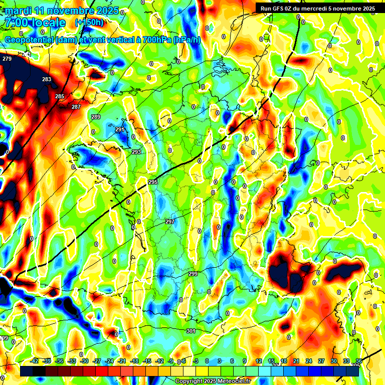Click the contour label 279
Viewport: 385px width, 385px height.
pos(7,59)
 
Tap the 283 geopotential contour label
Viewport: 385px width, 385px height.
pos(47,80)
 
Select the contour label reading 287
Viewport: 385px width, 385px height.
pos(76,107)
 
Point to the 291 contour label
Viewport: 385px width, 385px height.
pos(119,129)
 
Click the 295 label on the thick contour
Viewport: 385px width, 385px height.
pos(153,182)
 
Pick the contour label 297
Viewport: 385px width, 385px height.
pos(170,222)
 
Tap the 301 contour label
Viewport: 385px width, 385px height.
pos(190,331)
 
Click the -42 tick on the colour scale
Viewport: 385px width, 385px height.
pos(35,361)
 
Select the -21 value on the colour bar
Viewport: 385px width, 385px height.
pos(122,361)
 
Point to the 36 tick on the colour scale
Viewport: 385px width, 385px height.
pos(359,361)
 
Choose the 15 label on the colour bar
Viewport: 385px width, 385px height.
pos(271,361)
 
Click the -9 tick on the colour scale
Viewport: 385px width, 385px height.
pos(170,361)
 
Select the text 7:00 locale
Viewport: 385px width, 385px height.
pos(35,23)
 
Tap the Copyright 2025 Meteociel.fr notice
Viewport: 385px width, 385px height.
pos(213,381)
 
